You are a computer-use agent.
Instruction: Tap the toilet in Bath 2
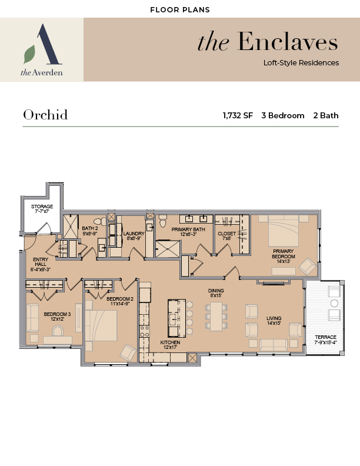point(100,221)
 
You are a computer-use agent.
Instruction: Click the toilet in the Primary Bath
point(162,221)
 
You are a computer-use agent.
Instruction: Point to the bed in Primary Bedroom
point(284,231)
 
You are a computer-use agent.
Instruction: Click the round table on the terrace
point(334,303)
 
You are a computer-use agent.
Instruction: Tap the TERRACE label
point(325,337)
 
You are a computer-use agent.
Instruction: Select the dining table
point(216,316)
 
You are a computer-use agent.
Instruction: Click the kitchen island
point(176,318)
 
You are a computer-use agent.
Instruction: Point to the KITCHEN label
point(170,342)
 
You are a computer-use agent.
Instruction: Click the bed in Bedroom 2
point(101,325)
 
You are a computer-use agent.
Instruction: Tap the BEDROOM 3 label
point(57,314)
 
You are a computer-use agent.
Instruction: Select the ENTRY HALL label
point(41,262)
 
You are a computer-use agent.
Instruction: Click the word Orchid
point(45,115)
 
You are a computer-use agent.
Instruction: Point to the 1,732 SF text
point(238,115)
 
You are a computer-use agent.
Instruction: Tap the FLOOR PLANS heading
point(180,10)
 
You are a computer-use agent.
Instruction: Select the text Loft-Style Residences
point(301,63)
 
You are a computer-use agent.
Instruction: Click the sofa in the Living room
point(274,345)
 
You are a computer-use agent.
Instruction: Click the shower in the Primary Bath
point(168,249)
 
